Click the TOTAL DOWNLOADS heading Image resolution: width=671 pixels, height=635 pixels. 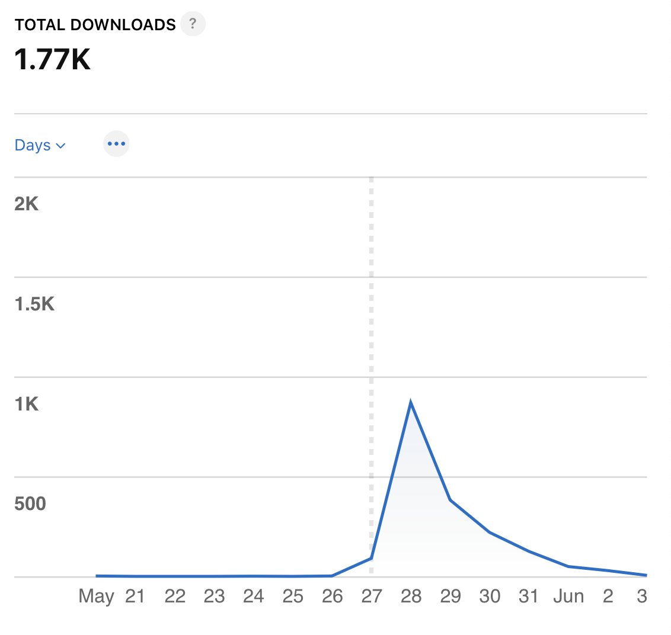pos(95,25)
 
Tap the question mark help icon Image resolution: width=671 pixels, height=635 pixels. pos(193,25)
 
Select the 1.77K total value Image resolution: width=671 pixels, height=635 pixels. pos(53,59)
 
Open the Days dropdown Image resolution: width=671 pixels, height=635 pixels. pos(40,145)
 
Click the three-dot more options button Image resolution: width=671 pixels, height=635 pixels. pos(116,144)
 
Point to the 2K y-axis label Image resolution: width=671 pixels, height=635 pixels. pos(27,204)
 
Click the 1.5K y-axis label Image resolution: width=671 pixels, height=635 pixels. pos(34,304)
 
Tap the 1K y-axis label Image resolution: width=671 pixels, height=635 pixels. pos(27,404)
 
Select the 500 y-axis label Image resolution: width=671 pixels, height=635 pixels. pos(30,504)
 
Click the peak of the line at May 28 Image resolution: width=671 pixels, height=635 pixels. pos(411,403)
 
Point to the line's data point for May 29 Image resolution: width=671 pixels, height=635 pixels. pos(450,500)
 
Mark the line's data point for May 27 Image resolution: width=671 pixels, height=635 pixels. pos(371,558)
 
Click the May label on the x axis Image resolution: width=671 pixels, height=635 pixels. pos(96,596)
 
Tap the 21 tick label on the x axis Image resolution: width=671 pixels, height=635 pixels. pos(135,596)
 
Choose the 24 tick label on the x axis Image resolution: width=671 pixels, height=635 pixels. pos(253,596)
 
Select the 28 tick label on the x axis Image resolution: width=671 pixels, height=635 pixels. pos(411,596)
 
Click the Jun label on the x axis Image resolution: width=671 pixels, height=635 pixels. pos(568,596)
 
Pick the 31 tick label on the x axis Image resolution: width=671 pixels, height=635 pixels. pos(529,596)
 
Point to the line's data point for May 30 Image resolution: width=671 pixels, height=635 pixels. pos(490,532)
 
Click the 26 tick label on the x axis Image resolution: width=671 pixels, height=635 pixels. pos(332,596)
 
